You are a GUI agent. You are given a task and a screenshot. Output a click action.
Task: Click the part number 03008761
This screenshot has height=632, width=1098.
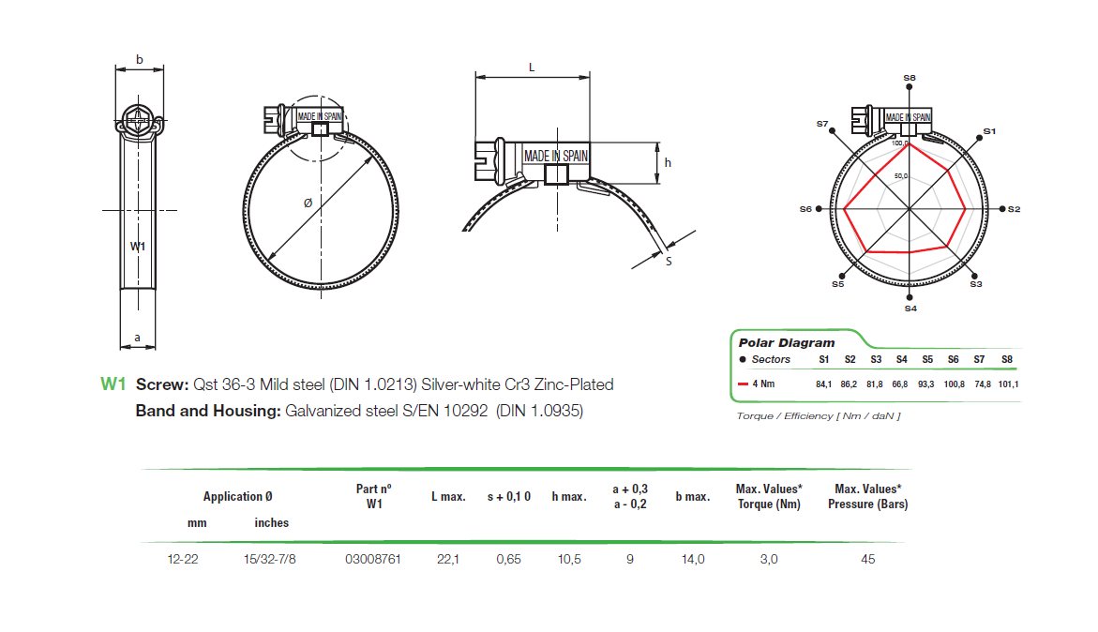pos(373,560)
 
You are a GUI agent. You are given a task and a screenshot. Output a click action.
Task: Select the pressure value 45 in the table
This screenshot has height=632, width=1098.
pos(867,560)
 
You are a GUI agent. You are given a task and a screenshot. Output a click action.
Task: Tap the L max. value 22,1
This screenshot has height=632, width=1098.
pos(448,560)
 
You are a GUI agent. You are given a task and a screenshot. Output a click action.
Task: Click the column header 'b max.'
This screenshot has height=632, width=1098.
pos(692,497)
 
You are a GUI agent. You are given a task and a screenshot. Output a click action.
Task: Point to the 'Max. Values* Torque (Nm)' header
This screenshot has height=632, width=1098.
pos(768,497)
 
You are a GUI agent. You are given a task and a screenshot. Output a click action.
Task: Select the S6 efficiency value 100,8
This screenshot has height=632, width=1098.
pos(953,384)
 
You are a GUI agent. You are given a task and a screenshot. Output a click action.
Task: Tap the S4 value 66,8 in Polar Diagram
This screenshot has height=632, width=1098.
pos(901,384)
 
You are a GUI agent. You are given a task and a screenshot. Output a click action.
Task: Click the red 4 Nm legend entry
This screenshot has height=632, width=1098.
pos(761,384)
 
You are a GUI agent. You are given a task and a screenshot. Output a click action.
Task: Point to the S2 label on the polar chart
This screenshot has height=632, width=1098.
pos(1014,209)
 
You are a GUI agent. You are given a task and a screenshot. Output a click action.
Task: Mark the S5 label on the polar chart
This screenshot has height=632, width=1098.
pos(837,283)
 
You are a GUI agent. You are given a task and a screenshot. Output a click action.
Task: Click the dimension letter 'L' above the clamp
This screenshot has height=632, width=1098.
pos(532,68)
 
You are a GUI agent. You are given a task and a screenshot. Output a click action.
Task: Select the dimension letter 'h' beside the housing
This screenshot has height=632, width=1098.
pos(668,162)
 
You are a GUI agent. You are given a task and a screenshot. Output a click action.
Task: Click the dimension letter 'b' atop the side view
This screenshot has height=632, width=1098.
pos(139,60)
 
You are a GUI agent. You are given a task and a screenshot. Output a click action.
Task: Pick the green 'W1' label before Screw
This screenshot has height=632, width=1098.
pos(113,384)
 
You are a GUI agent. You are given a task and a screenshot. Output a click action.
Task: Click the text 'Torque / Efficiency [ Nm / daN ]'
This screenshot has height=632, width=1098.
pos(818,415)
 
